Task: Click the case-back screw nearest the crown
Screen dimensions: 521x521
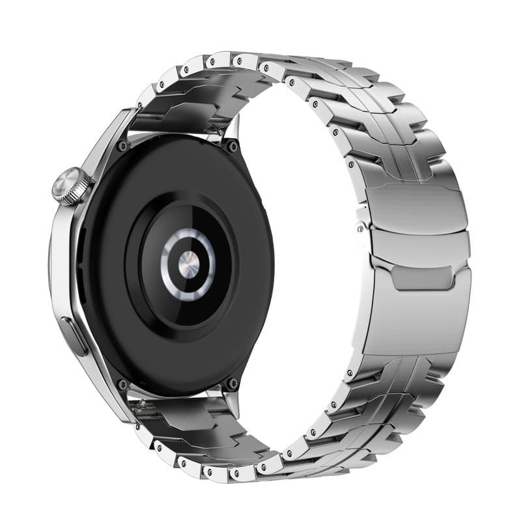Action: pos(122,147)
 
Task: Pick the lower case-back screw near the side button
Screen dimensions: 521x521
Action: pos(122,385)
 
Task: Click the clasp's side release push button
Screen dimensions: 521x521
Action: pos(360,227)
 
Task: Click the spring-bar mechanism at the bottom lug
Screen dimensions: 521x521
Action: pos(141,408)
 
